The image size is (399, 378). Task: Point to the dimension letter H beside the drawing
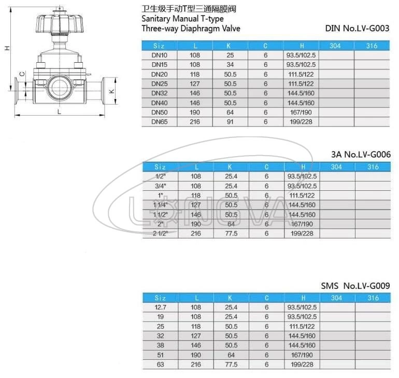(7, 48)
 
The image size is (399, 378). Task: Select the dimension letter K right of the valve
(111, 91)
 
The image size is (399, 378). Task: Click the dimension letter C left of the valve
(22, 74)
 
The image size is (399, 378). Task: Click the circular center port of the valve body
(58, 83)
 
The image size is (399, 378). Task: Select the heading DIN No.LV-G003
(357, 29)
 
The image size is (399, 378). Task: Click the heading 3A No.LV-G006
(360, 155)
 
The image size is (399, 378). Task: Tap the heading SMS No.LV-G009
(355, 286)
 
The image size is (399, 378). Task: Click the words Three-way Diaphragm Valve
(191, 29)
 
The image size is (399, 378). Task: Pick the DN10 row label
(160, 55)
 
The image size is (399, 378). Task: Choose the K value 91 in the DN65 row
(231, 122)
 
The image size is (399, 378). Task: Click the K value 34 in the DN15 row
(231, 65)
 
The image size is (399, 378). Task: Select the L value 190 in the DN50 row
(195, 113)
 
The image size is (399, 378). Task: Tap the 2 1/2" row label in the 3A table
(160, 233)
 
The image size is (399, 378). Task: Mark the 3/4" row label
(160, 186)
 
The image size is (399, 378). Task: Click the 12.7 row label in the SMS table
(160, 307)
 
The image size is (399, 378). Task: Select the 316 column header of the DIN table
(372, 46)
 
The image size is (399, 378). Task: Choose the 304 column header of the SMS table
(337, 298)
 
